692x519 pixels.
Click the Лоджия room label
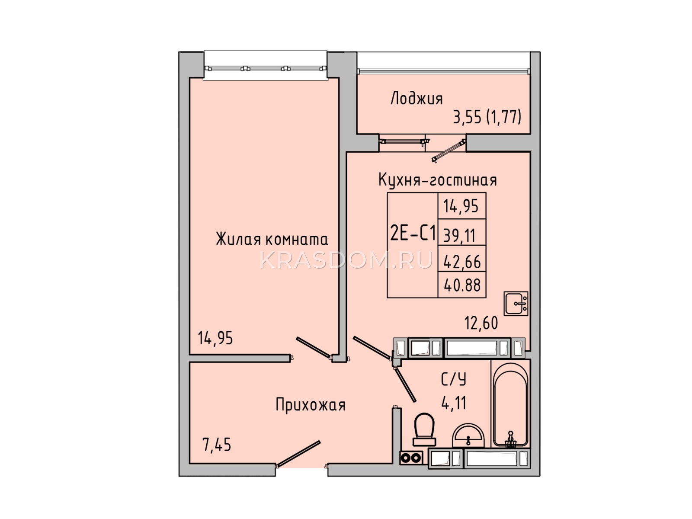coord(416,98)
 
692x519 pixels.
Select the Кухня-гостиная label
coord(437,180)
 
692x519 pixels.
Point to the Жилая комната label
coord(272,239)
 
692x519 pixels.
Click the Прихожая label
coord(310,405)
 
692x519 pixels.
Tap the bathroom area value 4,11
coord(454,403)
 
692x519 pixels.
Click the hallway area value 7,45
coord(217,445)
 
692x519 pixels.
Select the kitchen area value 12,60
coord(481,323)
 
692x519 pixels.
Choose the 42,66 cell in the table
coord(462,262)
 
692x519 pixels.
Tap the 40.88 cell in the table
coord(462,285)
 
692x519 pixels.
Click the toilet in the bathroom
coord(424,430)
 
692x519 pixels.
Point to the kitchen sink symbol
coord(516,304)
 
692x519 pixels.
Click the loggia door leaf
coord(449,151)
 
